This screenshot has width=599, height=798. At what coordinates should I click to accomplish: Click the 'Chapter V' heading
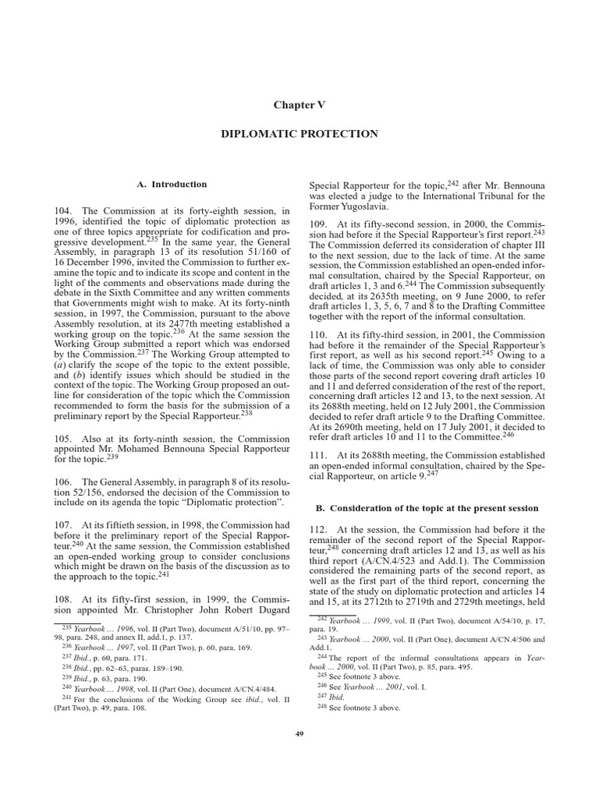pyautogui.click(x=299, y=104)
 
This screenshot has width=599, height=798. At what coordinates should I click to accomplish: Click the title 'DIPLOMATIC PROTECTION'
pyautogui.click(x=299, y=134)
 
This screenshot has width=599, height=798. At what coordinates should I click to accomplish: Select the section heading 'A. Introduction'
pyautogui.click(x=172, y=185)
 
